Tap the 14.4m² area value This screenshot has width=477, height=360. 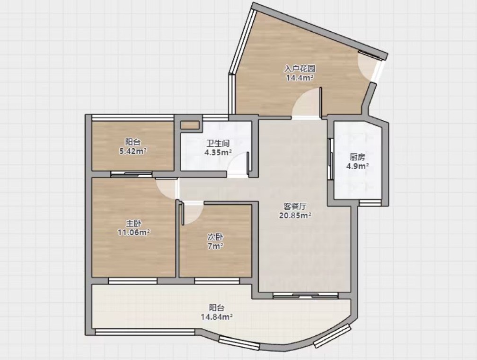click(300, 78)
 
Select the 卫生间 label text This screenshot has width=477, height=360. click(218, 143)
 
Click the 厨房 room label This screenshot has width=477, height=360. click(357, 157)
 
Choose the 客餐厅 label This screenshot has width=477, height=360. click(295, 207)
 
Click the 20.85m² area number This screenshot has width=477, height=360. click(295, 216)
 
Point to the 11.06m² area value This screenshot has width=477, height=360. click(134, 233)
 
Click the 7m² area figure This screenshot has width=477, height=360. click(215, 245)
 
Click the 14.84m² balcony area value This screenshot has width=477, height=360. click(217, 317)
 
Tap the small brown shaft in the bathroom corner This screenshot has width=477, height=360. click(190, 126)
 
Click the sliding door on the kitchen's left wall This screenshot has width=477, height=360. click(331, 159)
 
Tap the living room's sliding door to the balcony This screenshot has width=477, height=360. click(305, 295)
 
